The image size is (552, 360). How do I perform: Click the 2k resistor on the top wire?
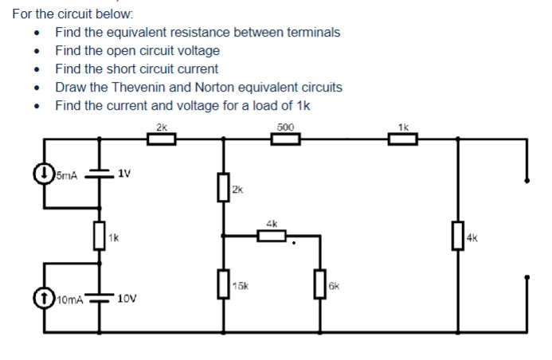162,139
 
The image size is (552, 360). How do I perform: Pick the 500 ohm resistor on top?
285,139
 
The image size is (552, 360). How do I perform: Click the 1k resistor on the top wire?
402,139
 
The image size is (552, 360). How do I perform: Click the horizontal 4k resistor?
272,235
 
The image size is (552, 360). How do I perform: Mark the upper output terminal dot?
527,180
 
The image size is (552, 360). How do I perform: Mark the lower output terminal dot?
527,278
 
